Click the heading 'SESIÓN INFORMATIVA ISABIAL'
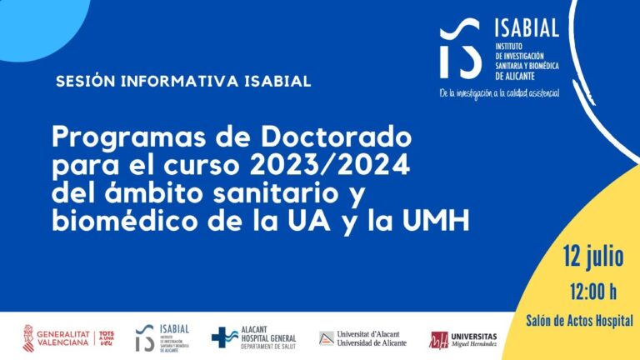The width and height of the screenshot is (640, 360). (x=182, y=82)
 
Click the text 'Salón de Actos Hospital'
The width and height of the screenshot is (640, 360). (x=579, y=320)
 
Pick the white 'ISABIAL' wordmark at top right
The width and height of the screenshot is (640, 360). (x=527, y=29)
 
